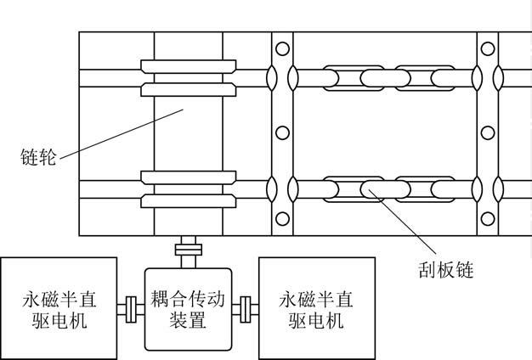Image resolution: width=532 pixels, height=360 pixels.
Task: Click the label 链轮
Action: (x=38, y=158)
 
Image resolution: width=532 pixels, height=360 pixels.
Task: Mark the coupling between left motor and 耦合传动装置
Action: (x=130, y=308)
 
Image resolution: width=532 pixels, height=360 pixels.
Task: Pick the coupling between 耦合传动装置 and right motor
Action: (x=246, y=308)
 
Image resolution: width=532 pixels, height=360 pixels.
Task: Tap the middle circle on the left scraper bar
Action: (x=282, y=132)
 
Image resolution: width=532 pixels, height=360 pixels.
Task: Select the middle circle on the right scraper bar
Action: (x=487, y=132)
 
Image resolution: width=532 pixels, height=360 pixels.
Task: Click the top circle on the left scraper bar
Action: (x=282, y=48)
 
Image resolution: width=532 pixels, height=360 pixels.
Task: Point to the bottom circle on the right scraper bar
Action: (x=487, y=218)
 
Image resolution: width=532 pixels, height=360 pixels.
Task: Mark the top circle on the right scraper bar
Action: (x=487, y=48)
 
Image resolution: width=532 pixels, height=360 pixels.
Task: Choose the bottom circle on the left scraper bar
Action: (x=282, y=218)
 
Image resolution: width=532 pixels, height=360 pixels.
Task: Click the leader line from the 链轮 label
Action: (x=119, y=133)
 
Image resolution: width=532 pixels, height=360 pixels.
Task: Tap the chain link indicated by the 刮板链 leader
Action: (x=373, y=188)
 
